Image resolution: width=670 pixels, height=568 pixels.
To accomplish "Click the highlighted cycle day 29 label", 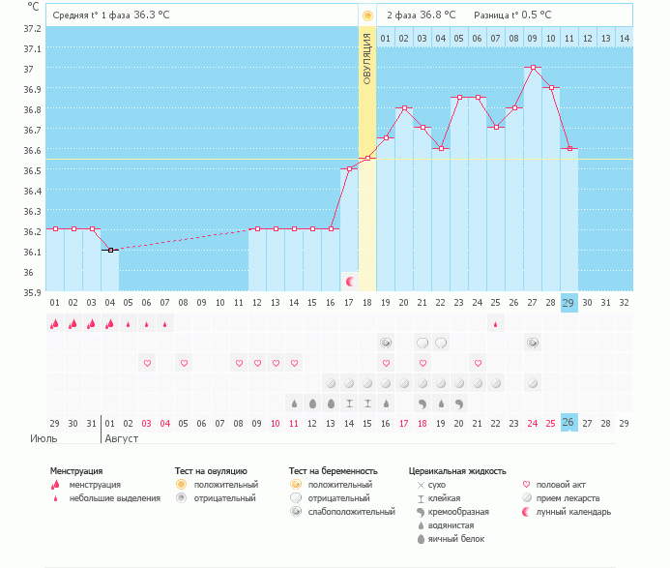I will pyautogui.click(x=569, y=302).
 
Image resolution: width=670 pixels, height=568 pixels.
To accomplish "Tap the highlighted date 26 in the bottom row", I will pyautogui.click(x=569, y=424).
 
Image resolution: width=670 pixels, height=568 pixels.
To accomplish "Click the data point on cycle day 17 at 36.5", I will pyautogui.click(x=349, y=168).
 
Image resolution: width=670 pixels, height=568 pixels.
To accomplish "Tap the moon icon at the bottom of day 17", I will pyautogui.click(x=349, y=281).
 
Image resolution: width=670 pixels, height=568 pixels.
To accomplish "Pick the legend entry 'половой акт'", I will pyautogui.click(x=561, y=484).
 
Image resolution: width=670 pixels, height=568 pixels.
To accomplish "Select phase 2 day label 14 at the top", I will pyautogui.click(x=625, y=39).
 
